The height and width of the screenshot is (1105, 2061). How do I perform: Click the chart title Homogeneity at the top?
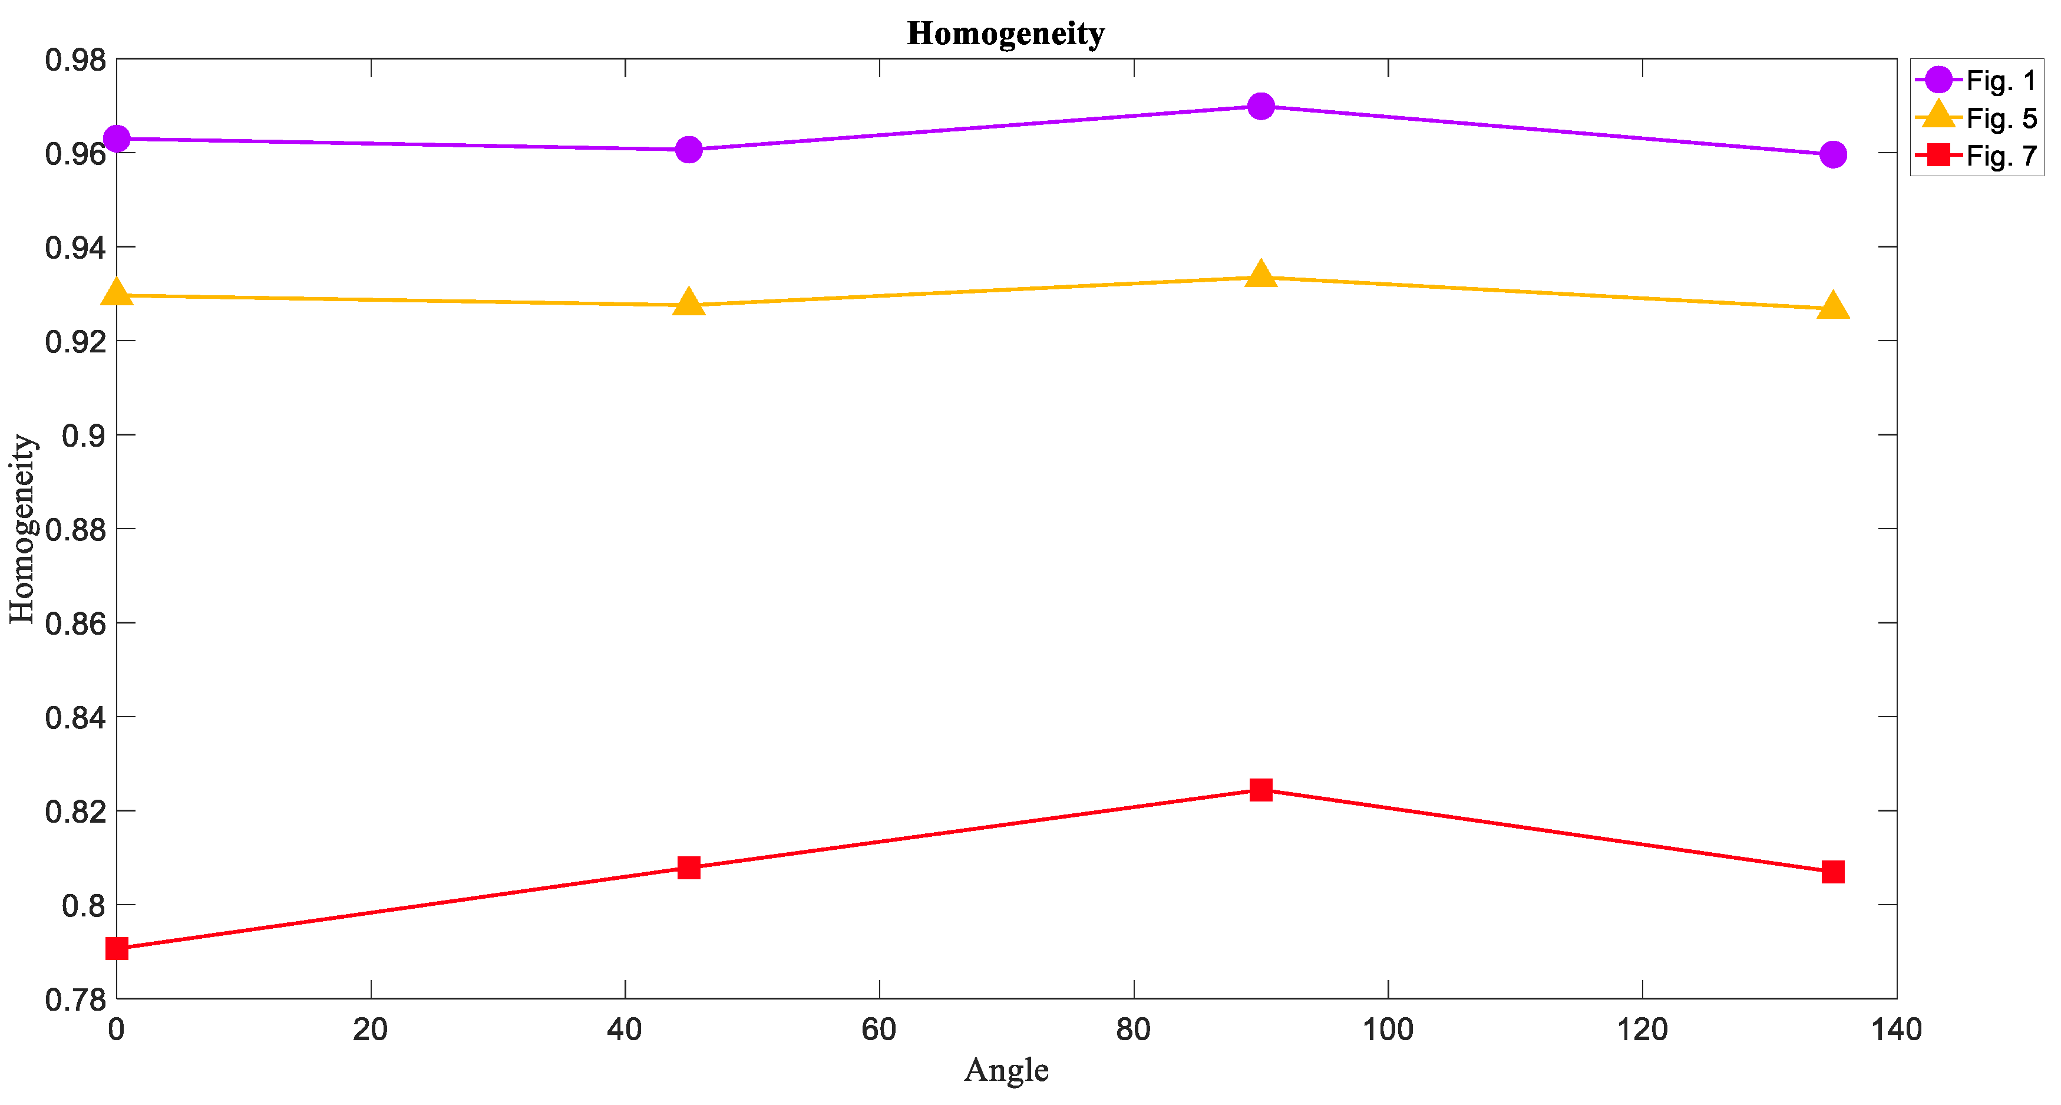coord(1006,34)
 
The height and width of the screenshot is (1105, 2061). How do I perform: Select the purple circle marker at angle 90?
coord(1261,107)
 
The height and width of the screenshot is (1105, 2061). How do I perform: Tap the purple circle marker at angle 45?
coord(688,150)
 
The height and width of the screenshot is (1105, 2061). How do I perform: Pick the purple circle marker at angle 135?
coord(1833,154)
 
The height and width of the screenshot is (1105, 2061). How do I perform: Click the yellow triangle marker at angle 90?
coord(1261,275)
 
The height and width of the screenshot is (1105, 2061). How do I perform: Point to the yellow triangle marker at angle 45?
coord(688,304)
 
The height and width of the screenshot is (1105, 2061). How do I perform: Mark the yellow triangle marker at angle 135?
coord(1833,306)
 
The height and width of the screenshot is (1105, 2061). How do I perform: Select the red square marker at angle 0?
coord(117,949)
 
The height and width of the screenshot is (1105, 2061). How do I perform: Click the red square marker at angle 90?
coord(1261,790)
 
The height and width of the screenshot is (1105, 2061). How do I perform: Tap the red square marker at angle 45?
coord(688,867)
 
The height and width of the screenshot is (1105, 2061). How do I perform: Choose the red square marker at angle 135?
coord(1833,872)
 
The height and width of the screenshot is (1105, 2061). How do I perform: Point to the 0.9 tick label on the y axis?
coord(83,436)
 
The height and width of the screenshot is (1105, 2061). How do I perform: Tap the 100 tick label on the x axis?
coord(1388,1030)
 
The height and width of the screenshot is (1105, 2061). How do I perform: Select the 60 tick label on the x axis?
coord(878,1030)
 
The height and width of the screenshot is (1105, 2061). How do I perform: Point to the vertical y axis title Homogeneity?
coord(22,529)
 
